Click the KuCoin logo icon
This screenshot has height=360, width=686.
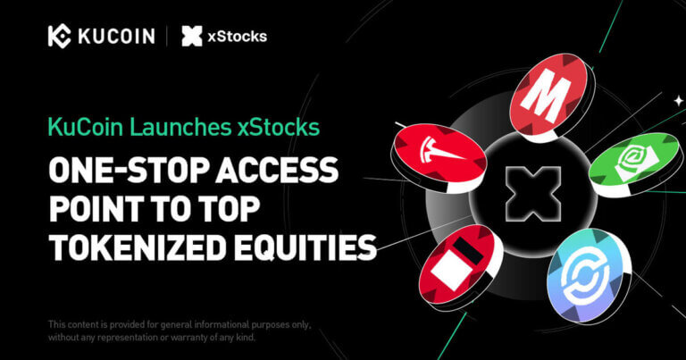pos(60,36)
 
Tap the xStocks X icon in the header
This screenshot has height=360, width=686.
pos(191,36)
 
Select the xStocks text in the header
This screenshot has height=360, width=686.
pos(237,36)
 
